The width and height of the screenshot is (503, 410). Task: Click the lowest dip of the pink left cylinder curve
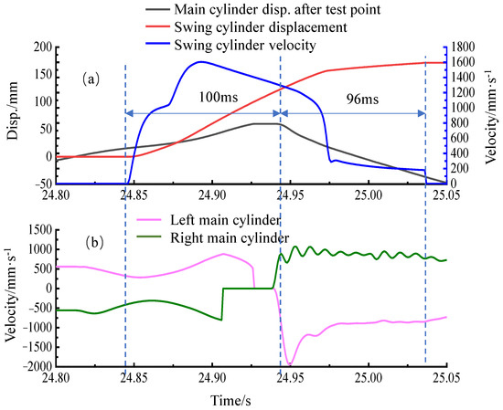(x=290, y=364)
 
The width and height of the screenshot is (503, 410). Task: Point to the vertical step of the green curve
(x=222, y=304)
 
